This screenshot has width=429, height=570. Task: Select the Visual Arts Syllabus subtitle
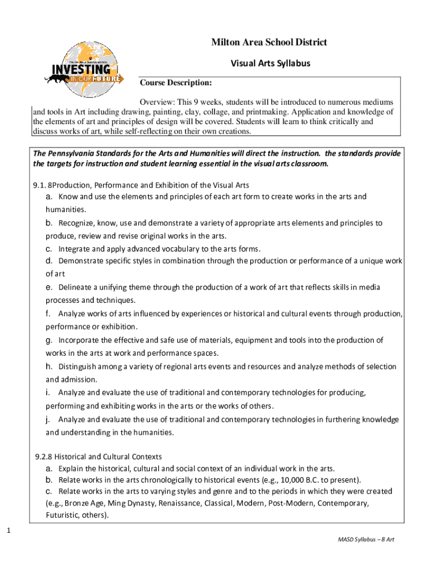click(x=270, y=63)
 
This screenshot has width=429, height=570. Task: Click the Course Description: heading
click(x=175, y=83)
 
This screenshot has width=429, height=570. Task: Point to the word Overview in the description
click(x=157, y=102)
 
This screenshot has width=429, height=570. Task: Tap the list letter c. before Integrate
click(x=49, y=249)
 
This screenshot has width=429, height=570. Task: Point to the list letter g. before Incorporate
click(x=49, y=340)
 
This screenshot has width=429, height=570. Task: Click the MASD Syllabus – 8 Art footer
click(x=365, y=540)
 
